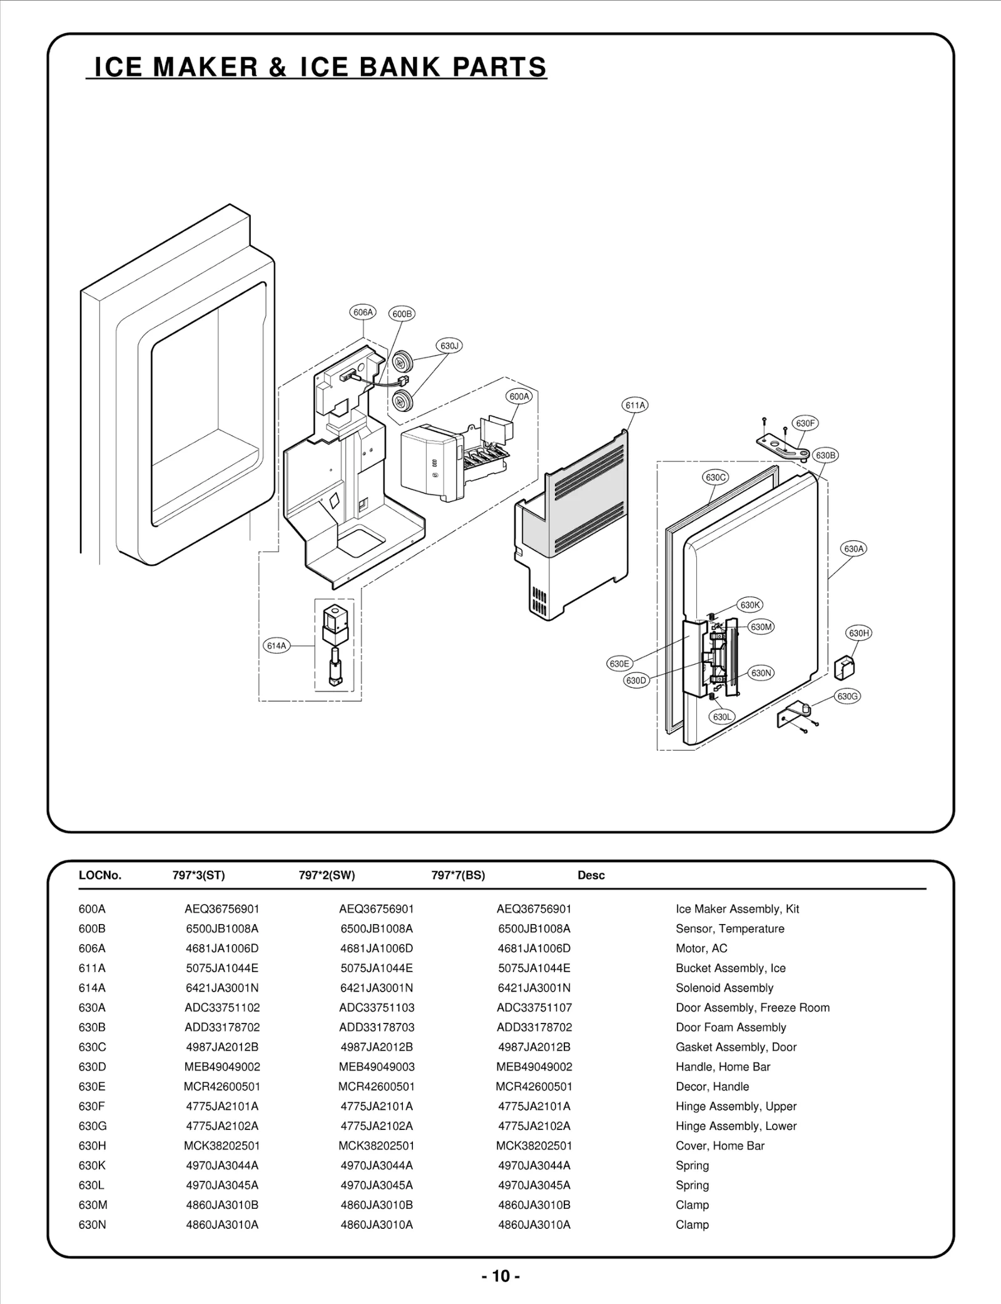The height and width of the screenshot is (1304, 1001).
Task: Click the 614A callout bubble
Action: point(276,645)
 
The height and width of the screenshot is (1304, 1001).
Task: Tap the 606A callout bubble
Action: point(363,312)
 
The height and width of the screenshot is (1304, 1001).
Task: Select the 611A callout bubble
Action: point(635,405)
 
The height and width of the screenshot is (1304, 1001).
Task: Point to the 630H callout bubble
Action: point(859,633)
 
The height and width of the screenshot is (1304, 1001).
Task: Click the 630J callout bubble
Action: point(449,346)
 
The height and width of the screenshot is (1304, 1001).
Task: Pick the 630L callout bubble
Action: point(722,717)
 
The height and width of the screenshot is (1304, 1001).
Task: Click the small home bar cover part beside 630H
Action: point(845,667)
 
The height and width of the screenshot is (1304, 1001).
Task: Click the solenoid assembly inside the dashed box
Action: point(334,645)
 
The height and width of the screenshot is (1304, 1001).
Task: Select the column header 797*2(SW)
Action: point(327,875)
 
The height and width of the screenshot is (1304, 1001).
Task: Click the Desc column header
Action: point(591,875)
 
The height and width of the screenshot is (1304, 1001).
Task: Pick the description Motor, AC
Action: point(701,948)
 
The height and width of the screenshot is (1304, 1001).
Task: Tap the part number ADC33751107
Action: point(534,1007)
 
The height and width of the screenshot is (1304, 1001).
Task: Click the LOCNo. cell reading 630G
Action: point(93,1126)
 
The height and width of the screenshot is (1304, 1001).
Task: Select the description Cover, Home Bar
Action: point(719,1146)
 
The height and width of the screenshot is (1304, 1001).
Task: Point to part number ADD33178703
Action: point(377,1027)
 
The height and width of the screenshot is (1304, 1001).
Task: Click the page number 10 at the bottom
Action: point(500,1276)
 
